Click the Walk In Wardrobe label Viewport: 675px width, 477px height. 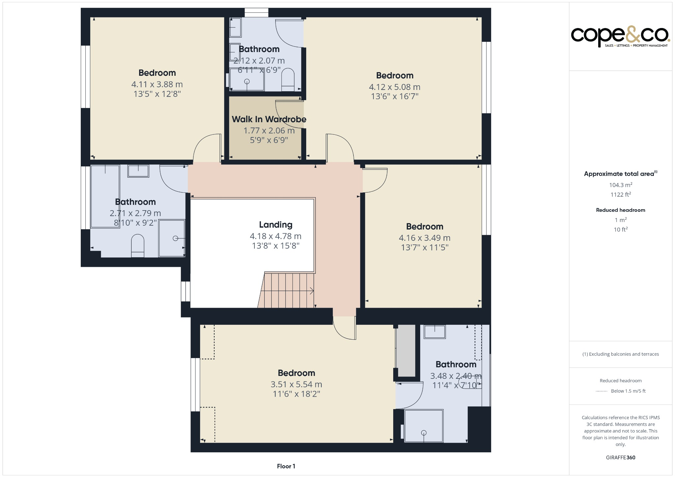[269, 119]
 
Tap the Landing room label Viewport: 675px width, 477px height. [276, 225]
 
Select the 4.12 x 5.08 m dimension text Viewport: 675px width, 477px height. [395, 87]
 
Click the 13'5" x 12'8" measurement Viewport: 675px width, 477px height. [157, 94]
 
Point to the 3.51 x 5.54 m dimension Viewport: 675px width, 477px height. [296, 384]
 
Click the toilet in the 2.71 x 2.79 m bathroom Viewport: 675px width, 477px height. [137, 245]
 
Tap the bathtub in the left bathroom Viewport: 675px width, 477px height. [105, 196]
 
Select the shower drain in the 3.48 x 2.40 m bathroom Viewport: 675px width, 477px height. [424, 433]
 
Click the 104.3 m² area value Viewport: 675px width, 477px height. [620, 185]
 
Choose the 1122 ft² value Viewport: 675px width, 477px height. [620, 195]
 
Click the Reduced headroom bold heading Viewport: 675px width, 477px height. [620, 210]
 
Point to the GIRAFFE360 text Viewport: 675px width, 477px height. [620, 457]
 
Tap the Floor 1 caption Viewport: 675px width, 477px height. [286, 466]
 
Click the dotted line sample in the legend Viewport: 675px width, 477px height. [602, 391]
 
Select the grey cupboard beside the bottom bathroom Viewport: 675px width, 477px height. [405, 351]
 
